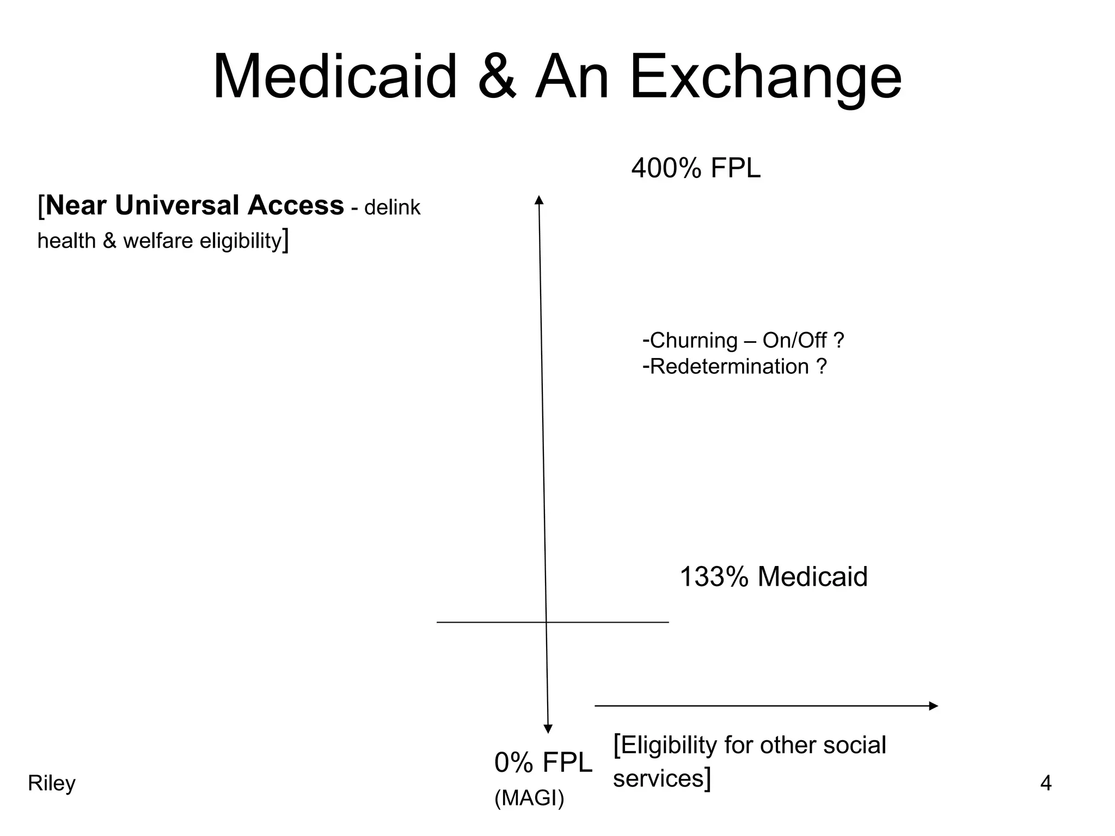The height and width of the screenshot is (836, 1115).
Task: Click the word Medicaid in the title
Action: click(334, 77)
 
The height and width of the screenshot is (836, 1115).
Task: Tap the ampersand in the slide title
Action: click(497, 77)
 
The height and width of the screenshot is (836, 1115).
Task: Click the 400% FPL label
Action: click(695, 169)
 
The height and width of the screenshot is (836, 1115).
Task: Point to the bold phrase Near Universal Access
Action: click(195, 206)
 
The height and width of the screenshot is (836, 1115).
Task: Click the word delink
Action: click(392, 208)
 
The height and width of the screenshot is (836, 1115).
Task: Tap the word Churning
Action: click(694, 341)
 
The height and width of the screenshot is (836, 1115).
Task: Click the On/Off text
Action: click(794, 341)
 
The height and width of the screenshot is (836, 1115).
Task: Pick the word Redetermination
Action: click(729, 367)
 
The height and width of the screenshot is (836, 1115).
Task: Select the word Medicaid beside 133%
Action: click(812, 577)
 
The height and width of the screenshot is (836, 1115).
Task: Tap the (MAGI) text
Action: click(529, 798)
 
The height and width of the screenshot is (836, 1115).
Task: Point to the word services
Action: click(658, 779)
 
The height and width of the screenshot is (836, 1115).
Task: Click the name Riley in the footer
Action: click(52, 784)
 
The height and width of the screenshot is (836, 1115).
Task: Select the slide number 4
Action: click(1046, 784)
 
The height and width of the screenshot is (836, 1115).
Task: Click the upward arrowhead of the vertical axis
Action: click(539, 200)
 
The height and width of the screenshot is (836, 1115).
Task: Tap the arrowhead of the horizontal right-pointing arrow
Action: click(933, 706)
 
